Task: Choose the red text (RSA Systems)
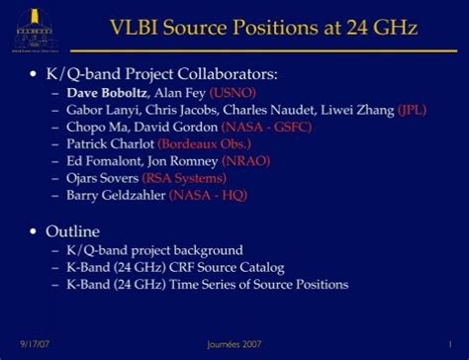click(184, 178)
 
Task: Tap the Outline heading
click(74, 231)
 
